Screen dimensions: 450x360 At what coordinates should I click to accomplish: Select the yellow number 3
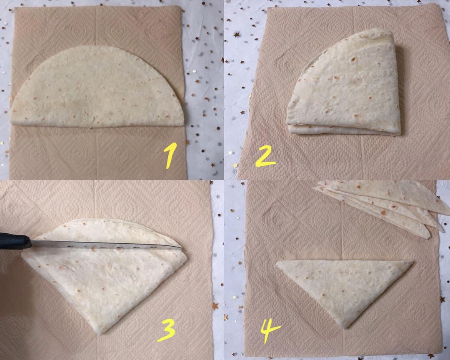click(x=167, y=331)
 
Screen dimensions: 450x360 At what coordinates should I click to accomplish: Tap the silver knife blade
click(x=106, y=245)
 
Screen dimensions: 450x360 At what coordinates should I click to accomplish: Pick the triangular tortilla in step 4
click(x=345, y=290)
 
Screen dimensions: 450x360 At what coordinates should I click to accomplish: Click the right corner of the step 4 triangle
click(x=412, y=262)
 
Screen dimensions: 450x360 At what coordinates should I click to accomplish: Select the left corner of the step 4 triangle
click(x=277, y=263)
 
